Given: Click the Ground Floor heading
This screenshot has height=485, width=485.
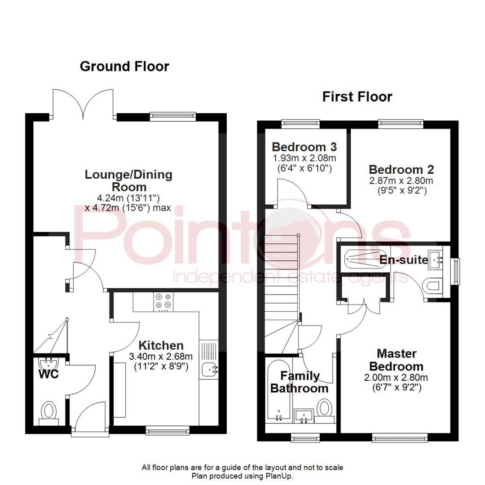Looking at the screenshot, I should pos(124,66).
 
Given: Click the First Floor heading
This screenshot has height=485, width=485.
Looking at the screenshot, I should pos(357,97).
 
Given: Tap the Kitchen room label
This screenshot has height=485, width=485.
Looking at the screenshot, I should pos(161,345).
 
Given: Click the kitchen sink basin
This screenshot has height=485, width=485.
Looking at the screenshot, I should pos(209,369).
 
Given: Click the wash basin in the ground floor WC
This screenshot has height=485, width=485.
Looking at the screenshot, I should pos(49,362).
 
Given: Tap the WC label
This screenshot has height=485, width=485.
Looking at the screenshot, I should pos(48,374).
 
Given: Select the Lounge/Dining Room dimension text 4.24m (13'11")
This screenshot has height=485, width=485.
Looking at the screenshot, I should pos(128,198).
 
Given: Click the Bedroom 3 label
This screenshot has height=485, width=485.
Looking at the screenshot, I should pos(304,147).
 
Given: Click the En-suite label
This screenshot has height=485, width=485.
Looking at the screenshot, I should pos(403,260).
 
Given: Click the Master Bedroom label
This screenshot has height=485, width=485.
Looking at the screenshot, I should pos(397,360).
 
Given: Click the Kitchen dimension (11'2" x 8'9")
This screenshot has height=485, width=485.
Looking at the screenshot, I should pos(160,366).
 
